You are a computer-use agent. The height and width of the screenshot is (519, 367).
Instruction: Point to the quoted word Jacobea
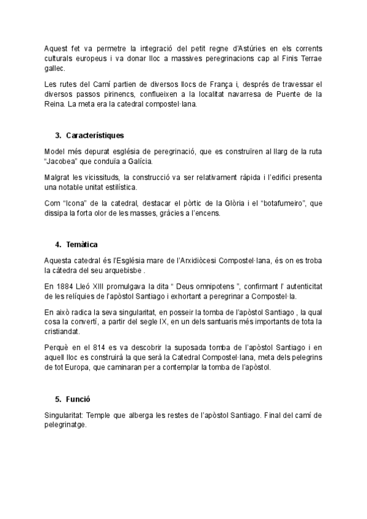[x=63, y=162]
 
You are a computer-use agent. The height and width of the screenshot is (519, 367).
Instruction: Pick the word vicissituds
[x=100, y=177]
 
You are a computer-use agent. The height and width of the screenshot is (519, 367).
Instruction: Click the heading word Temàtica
[x=82, y=244]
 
